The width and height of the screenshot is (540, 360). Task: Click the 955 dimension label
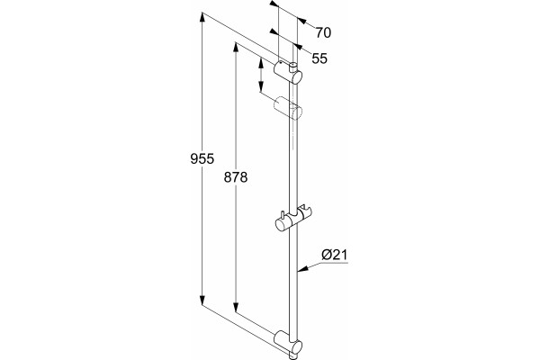(202, 158)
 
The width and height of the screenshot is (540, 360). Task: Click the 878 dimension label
(236, 177)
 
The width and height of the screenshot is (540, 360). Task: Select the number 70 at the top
(323, 32)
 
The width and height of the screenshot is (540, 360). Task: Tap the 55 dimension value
(319, 58)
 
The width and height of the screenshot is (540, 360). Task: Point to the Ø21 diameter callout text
(335, 255)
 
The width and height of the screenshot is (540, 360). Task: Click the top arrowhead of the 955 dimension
(202, 17)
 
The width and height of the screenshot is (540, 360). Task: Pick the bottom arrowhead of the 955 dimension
(202, 300)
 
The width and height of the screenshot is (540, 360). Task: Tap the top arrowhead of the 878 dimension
(236, 47)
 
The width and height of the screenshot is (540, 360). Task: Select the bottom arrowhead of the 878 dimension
(236, 307)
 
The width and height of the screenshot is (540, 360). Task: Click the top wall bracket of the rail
(288, 73)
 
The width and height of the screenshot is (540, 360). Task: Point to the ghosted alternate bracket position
(288, 107)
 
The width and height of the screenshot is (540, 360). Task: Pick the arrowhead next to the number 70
(301, 21)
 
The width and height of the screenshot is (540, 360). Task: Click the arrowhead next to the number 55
(297, 48)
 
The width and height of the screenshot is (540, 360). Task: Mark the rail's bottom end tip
(293, 356)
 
